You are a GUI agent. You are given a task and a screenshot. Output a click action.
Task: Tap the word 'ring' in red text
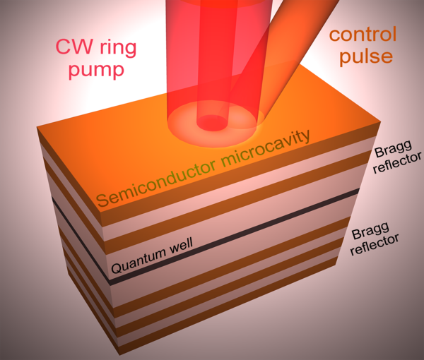click(x=118, y=49)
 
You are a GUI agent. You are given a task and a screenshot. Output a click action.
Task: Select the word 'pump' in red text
click(x=96, y=71)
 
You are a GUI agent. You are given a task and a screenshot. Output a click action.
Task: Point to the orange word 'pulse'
click(x=366, y=56)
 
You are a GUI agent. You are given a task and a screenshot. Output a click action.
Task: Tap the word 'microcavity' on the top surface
click(x=266, y=148)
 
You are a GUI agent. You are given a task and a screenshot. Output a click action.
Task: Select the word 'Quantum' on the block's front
click(x=139, y=260)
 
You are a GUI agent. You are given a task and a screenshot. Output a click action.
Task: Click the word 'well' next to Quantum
click(x=181, y=245)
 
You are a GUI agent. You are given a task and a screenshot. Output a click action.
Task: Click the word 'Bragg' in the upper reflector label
click(x=393, y=148)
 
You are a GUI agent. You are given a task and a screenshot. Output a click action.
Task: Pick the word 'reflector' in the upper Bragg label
click(x=397, y=162)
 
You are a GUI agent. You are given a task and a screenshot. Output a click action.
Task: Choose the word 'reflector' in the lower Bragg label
click(x=375, y=245)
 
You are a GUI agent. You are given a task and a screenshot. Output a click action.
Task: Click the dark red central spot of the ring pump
click(x=212, y=123)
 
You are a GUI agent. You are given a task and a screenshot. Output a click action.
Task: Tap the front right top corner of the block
click(x=381, y=123)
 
